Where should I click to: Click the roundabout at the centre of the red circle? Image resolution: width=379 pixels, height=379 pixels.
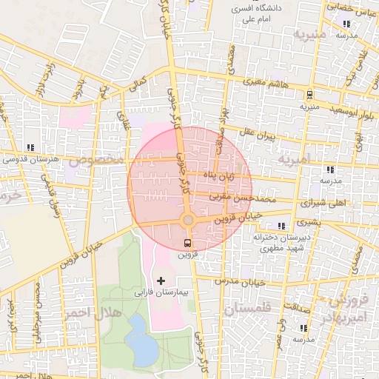pyautogui.click(x=188, y=220)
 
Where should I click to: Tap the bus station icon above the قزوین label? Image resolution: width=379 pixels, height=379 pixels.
pyautogui.click(x=187, y=243)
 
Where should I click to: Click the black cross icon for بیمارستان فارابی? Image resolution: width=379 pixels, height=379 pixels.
pyautogui.click(x=161, y=281)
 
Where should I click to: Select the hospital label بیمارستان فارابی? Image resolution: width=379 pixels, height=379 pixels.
pyautogui.click(x=161, y=293)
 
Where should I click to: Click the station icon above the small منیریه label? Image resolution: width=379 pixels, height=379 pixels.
pyautogui.click(x=309, y=95)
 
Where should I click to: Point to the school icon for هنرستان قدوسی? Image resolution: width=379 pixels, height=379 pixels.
pyautogui.click(x=30, y=147)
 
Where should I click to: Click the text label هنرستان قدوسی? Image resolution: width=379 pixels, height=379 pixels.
pyautogui.click(x=30, y=158)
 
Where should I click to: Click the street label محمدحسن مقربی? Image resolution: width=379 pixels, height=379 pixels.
pyautogui.click(x=244, y=198)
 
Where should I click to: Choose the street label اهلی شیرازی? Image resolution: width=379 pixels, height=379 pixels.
pyautogui.click(x=326, y=201)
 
